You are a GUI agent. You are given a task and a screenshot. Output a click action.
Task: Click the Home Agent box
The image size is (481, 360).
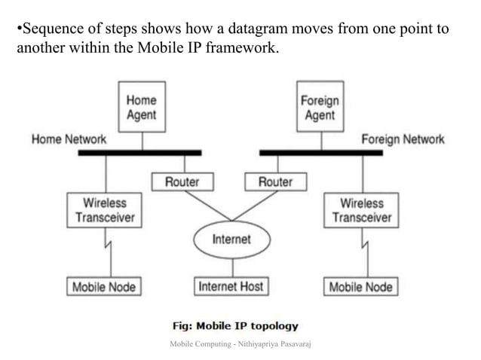[141, 107]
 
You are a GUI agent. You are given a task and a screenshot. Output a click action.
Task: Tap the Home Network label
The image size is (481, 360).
[69, 139]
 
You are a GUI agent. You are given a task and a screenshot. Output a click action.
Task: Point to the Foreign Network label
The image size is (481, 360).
[403, 139]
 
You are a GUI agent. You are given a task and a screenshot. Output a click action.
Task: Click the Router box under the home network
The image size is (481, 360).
[182, 182]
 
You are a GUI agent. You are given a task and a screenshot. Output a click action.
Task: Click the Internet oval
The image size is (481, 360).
[231, 239]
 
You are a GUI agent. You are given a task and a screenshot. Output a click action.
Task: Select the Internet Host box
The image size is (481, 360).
[231, 287]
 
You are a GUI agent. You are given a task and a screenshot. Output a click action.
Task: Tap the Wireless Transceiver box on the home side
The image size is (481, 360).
[105, 210]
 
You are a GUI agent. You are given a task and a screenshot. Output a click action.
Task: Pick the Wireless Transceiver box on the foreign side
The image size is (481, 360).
[362, 210]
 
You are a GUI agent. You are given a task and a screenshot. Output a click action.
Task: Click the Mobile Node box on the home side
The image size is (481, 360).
[104, 287]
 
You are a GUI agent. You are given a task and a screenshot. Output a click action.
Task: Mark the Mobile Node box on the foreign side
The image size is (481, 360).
[361, 287]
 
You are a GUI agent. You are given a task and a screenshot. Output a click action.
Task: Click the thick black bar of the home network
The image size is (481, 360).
[140, 153]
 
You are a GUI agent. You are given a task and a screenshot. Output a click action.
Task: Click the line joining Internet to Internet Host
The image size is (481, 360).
[231, 267]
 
